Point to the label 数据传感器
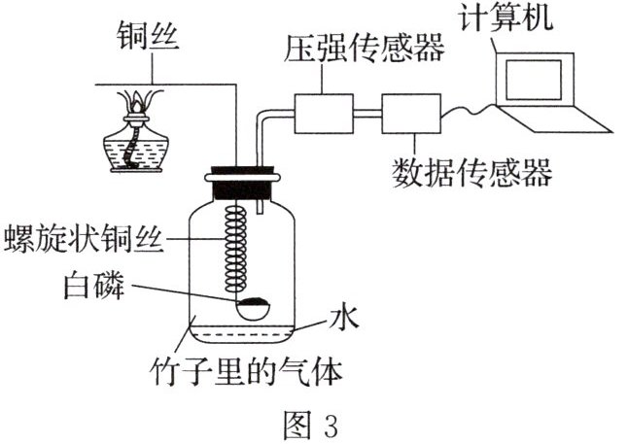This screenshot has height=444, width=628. (x=471, y=172)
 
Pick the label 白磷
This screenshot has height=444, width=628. (x=94, y=288)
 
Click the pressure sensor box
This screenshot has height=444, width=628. (x=325, y=115)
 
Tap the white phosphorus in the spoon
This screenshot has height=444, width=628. (x=256, y=308)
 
